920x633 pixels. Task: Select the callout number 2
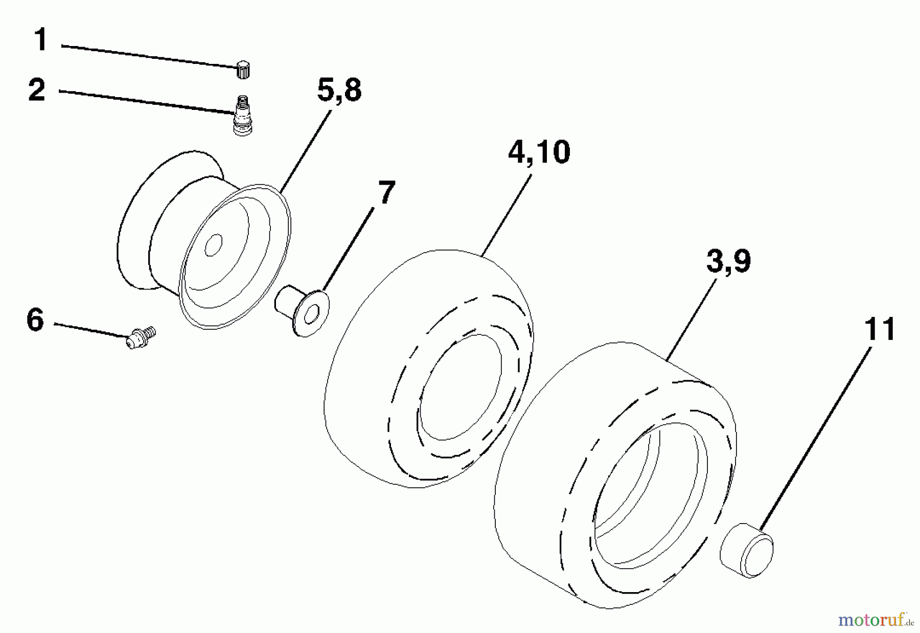click(37, 90)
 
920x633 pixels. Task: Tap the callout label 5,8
click(339, 91)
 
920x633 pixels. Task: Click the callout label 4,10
click(539, 152)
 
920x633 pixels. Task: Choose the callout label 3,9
click(728, 262)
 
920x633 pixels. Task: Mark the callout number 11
click(880, 329)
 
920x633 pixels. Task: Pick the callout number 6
click(35, 321)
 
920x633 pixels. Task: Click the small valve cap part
click(243, 69)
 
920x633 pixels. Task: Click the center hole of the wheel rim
click(213, 245)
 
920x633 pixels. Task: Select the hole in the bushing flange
click(313, 314)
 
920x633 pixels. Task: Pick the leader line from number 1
click(148, 55)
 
